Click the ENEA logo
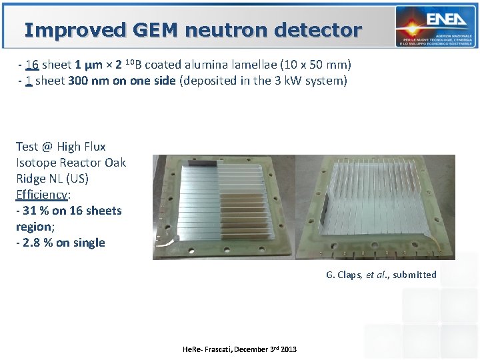point(434,27)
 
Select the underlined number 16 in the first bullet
point(32,65)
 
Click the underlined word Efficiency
point(42,195)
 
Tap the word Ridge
point(33,179)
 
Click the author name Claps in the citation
point(349,275)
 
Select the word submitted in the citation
point(415,275)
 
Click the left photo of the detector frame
point(219,207)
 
